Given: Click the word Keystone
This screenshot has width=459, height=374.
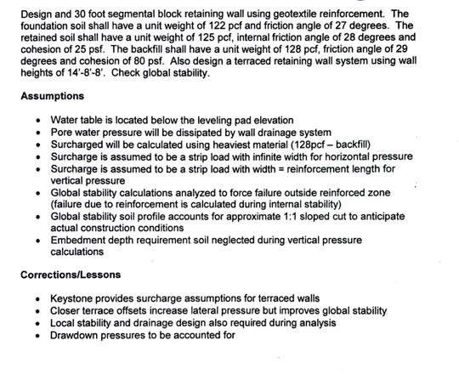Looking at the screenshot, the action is tap(74, 300).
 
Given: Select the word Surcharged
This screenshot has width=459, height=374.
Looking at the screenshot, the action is tap(79, 145).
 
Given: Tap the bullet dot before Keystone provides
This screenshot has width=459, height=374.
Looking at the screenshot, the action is tap(38, 300).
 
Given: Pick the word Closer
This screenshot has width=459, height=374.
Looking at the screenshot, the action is tap(67, 312).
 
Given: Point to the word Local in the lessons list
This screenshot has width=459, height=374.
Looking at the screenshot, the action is tap(64, 323).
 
